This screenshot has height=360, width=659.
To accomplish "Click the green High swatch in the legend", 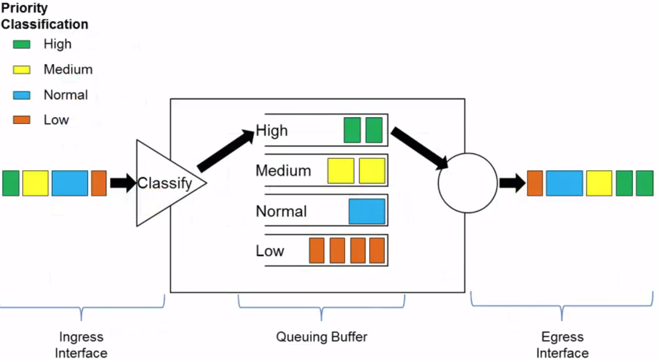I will pyautogui.click(x=22, y=44).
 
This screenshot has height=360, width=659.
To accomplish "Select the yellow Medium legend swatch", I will pyautogui.click(x=22, y=70).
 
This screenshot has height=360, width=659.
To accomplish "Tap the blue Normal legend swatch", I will pyautogui.click(x=22, y=95).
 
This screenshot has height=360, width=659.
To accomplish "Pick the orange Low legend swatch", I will pyautogui.click(x=22, y=120).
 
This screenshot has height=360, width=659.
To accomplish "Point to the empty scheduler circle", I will pyautogui.click(x=467, y=183).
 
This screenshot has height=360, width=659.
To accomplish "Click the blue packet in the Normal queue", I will pyautogui.click(x=367, y=211).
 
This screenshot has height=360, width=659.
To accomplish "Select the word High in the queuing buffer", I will pyautogui.click(x=271, y=130).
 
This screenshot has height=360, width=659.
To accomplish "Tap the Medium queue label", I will pyautogui.click(x=283, y=171).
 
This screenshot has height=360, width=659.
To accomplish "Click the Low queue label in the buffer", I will pyautogui.click(x=270, y=251).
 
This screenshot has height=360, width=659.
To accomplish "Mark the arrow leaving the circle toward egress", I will pyautogui.click(x=512, y=183).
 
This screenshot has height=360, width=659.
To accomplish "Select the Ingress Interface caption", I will pyautogui.click(x=81, y=345).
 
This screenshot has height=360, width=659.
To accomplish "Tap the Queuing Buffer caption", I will pyautogui.click(x=322, y=336).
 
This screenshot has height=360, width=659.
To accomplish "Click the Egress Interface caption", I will pyautogui.click(x=562, y=345).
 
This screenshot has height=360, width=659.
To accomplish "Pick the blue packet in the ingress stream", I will pyautogui.click(x=70, y=183).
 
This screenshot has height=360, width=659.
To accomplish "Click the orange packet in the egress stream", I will pyautogui.click(x=535, y=183).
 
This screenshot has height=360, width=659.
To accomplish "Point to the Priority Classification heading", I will pyautogui.click(x=44, y=16).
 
